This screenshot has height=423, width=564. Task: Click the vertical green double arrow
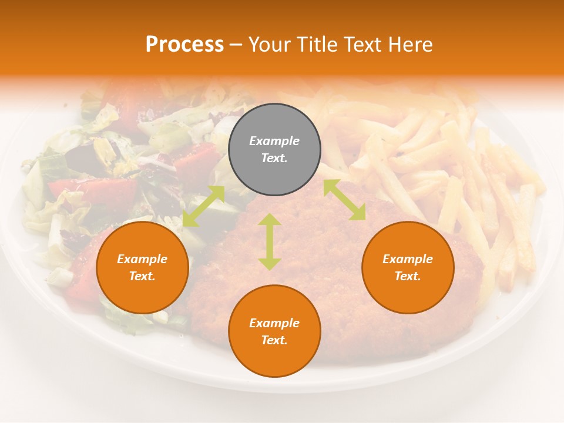[x=270, y=241]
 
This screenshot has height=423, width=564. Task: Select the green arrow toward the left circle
[x=203, y=206]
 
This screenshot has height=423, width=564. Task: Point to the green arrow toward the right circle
[x=344, y=200]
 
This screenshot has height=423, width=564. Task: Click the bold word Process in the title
[x=184, y=44]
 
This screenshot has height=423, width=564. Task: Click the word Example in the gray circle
[x=274, y=141]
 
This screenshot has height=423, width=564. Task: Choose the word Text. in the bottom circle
[x=274, y=340]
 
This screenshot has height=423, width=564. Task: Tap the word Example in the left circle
[x=142, y=259]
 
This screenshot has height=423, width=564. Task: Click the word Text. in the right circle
[x=408, y=276]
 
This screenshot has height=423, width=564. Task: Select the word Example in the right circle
[x=408, y=259]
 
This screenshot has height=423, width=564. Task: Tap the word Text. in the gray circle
[x=274, y=158]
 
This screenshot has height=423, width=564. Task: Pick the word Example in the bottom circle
[x=274, y=323]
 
